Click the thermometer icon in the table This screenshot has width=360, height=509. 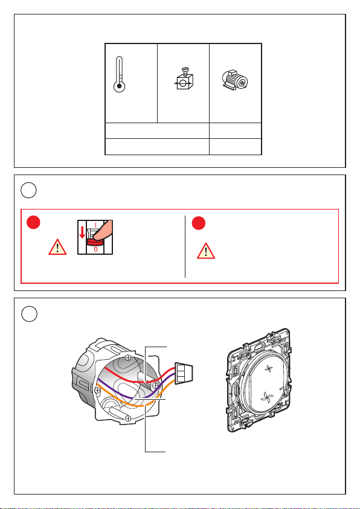120,75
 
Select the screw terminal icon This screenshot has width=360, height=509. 184,78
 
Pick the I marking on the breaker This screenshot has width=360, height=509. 95,225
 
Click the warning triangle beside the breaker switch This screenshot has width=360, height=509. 57,247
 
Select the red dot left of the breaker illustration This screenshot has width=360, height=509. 33,222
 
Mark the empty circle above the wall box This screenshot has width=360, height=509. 29,314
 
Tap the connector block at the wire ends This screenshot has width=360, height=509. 184,374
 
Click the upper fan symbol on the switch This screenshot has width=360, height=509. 268,369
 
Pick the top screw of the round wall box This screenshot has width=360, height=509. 128,357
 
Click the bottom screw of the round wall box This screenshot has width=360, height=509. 128,418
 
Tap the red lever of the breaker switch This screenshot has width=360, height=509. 95,242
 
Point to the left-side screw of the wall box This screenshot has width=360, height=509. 97,389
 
